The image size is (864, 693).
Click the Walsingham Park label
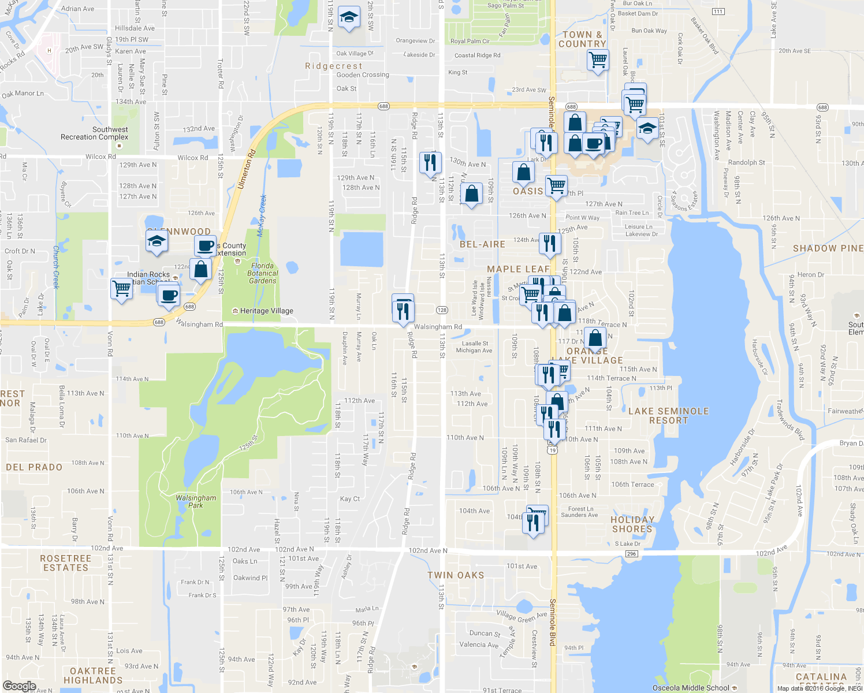point(196,501)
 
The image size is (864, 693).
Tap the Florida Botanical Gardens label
point(262,273)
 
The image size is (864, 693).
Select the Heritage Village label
point(266,311)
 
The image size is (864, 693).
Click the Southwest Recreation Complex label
point(95,133)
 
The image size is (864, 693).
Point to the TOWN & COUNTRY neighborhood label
point(582,39)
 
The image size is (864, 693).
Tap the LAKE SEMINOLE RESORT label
point(668,416)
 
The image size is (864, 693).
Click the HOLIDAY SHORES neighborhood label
point(632,524)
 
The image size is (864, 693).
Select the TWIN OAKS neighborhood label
point(456,575)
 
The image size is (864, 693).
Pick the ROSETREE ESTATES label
point(66,563)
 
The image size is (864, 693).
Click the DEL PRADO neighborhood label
point(34,467)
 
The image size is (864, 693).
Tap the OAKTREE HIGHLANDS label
point(93,676)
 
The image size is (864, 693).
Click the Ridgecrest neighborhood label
point(334,66)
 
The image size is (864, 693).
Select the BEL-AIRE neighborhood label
point(482,244)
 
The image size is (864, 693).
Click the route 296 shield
point(631,554)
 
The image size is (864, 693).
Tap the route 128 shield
point(442,310)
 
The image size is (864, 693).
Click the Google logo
point(19,686)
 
